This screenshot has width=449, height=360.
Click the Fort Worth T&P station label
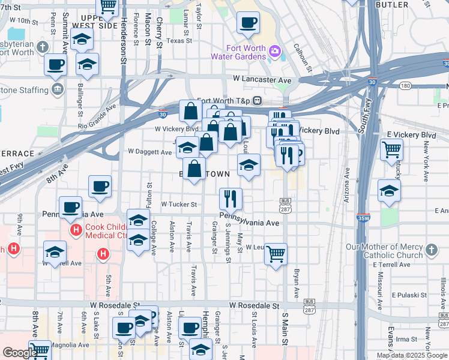225,100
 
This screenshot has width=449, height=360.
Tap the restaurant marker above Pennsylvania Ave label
231,197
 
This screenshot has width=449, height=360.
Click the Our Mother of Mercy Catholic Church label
385,251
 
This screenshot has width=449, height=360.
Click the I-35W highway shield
363,219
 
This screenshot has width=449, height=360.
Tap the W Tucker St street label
179,204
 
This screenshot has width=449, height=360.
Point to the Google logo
19,353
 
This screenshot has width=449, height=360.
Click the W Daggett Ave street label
150,152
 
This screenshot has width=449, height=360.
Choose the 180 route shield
405,86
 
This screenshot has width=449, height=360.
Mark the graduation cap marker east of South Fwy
390,191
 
